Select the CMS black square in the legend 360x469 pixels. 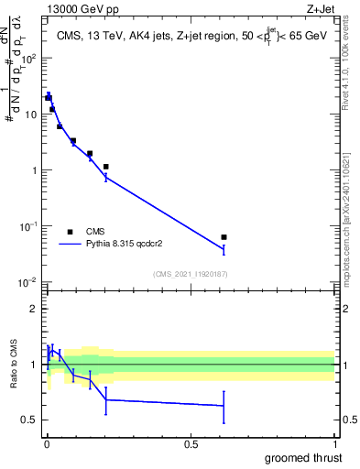click(x=70, y=232)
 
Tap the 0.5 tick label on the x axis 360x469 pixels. click(x=191, y=443)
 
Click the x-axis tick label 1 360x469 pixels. click(x=334, y=443)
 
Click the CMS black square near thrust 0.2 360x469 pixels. click(x=106, y=167)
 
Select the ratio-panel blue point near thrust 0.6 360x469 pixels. click(x=224, y=406)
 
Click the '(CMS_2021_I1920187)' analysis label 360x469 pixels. click(x=190, y=273)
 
